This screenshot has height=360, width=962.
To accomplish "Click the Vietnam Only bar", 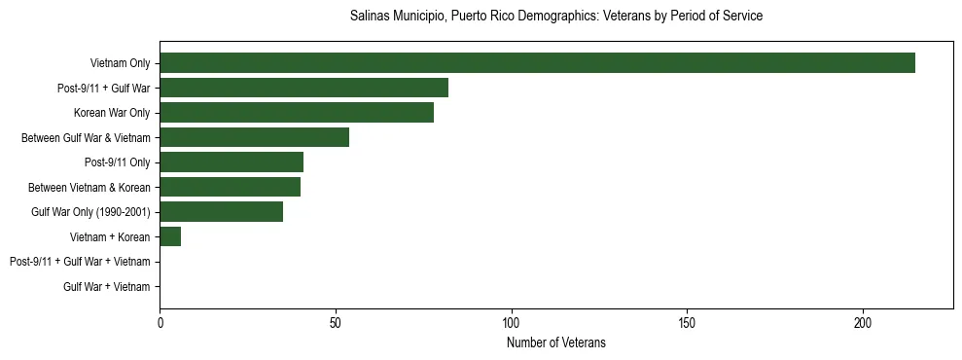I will [x=537, y=63].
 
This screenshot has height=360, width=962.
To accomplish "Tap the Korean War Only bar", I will [x=297, y=113].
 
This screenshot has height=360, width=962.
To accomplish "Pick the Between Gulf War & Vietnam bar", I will [x=254, y=137].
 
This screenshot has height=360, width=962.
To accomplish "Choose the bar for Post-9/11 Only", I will [x=232, y=162].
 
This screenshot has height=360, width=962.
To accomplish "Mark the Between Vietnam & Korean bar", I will [x=230, y=187].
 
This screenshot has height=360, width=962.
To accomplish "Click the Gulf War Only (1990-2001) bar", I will [x=221, y=212].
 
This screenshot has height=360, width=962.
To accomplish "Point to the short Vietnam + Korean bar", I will [x=170, y=236].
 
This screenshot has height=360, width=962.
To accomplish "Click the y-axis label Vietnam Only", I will [x=120, y=63].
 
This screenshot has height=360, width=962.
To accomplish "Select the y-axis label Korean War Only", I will [x=112, y=113].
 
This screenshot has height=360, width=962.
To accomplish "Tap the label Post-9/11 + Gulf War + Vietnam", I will [x=80, y=262].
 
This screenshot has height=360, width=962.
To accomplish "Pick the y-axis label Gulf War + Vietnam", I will [x=107, y=286].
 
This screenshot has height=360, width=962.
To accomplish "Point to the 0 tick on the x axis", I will [x=160, y=320].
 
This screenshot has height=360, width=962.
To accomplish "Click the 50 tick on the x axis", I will [x=336, y=320].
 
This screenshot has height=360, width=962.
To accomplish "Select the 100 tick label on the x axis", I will [x=511, y=320].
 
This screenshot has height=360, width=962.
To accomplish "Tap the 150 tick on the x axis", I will [x=687, y=320].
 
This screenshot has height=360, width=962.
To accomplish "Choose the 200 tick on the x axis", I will [x=863, y=320].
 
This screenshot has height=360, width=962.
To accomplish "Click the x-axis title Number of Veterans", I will [x=555, y=342].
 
